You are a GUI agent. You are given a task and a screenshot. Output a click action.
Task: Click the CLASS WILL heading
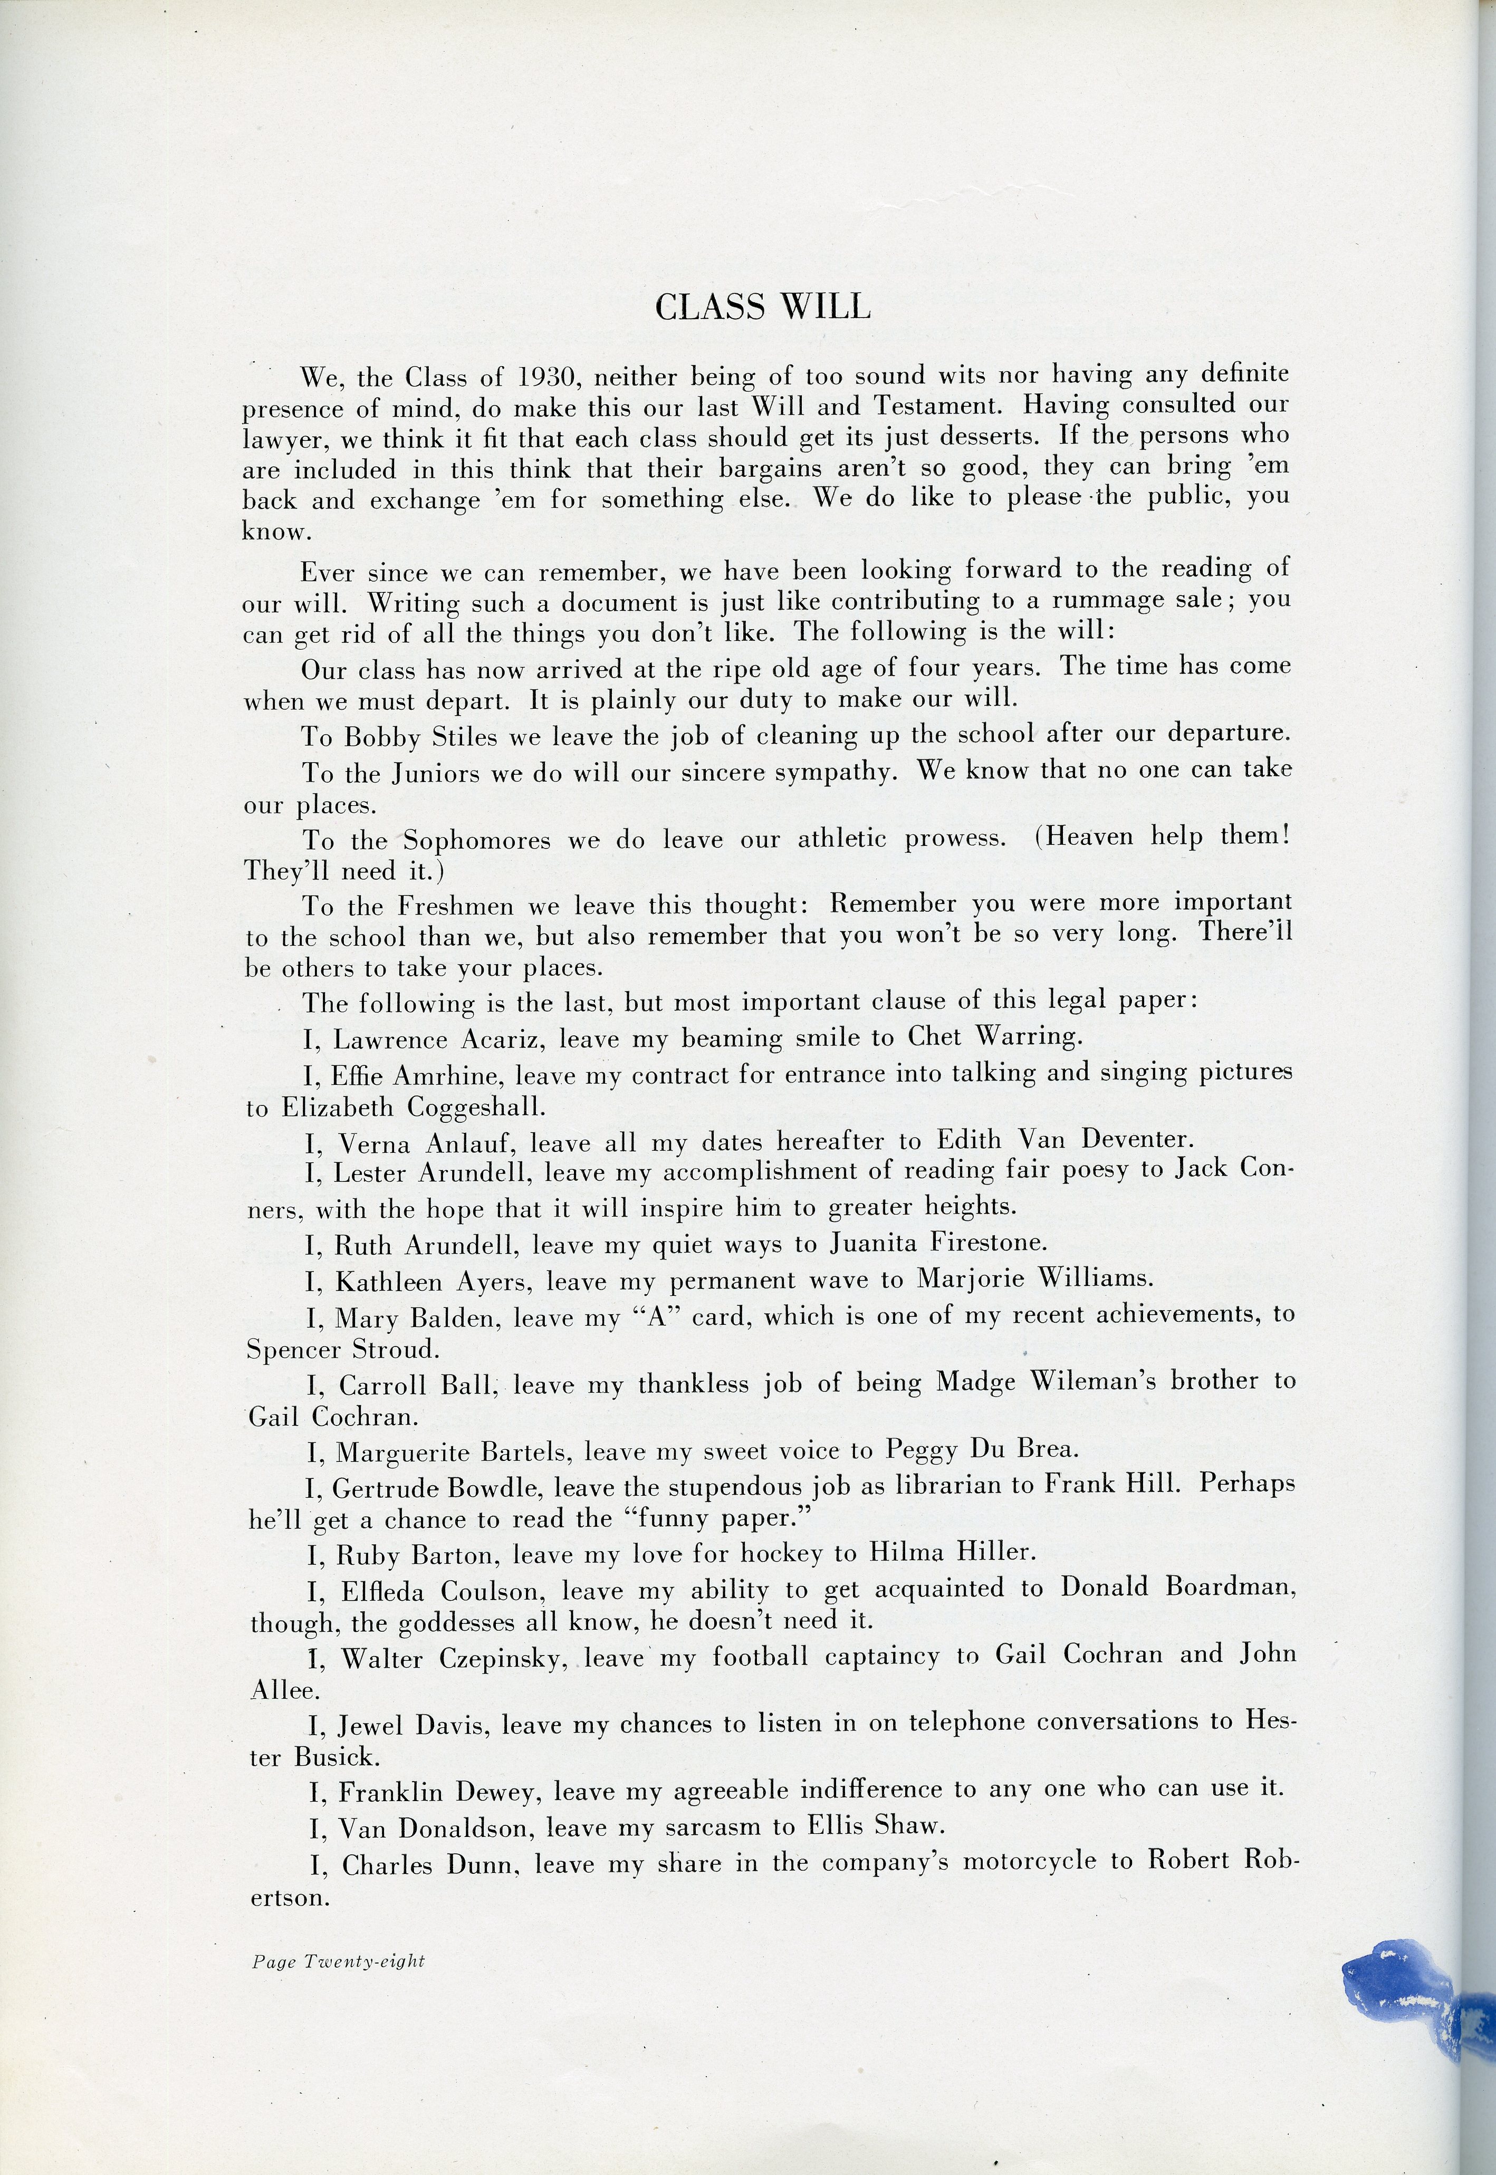[x=763, y=306]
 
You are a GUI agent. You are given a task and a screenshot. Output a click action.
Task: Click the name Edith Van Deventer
[x=1065, y=1140]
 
